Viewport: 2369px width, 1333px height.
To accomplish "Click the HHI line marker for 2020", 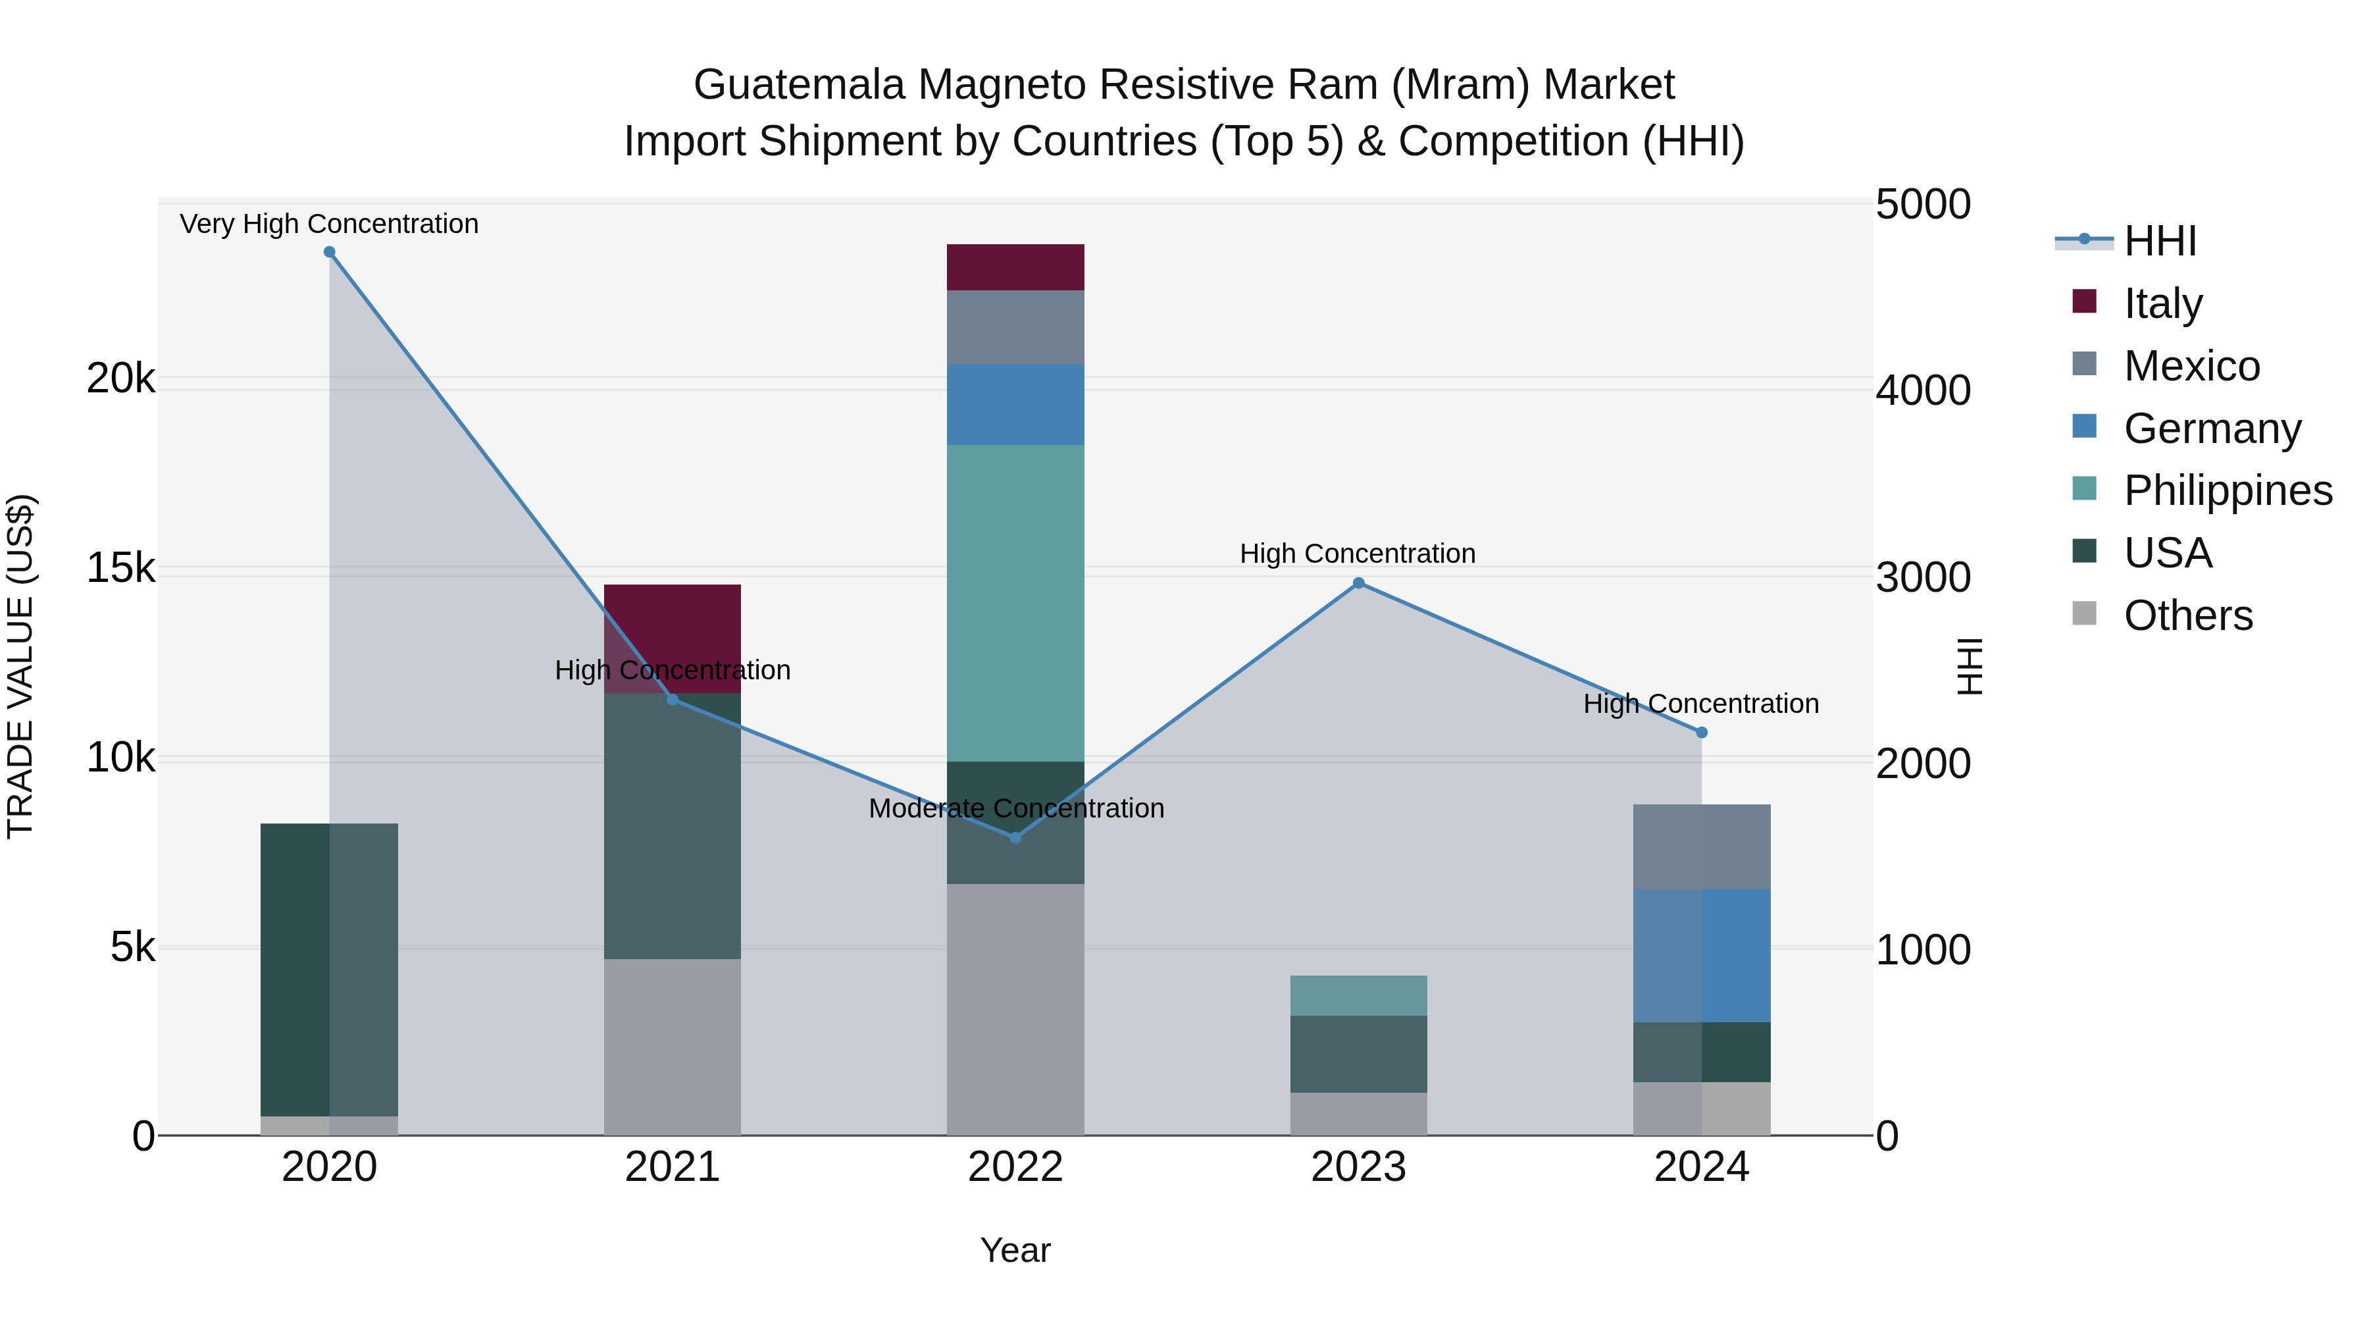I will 329,252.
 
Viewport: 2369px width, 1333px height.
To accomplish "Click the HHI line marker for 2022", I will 1015,838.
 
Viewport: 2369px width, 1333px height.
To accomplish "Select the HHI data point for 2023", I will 1358,583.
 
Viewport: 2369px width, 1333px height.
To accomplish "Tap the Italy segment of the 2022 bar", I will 1015,268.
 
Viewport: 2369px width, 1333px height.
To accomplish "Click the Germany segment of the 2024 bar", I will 1701,956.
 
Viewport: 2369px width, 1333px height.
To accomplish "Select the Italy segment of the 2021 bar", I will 673,625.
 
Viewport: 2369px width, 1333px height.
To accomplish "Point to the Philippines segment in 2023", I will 1358,995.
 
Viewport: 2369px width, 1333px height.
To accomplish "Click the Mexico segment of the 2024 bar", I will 1701,847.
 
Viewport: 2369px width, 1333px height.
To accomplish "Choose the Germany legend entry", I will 2212,429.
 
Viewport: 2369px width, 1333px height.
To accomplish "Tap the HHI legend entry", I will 2159,241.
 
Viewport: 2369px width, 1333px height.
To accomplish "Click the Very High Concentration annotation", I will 329,224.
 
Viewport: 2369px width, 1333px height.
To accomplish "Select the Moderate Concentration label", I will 1016,808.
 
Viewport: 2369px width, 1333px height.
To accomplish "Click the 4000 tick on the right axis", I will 1923,391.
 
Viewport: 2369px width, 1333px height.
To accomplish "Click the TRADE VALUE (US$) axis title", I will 20,666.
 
